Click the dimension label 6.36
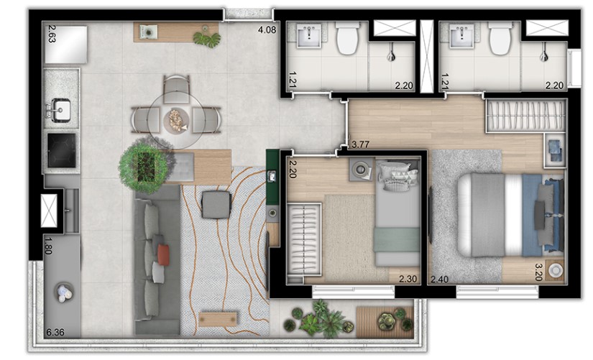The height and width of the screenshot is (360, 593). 55,333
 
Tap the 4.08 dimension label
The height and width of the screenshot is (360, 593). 267,29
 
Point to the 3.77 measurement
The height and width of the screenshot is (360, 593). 360,144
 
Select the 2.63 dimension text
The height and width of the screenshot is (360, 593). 52,34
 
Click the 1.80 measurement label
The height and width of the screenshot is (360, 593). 48,245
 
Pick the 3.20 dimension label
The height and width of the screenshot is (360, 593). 539,272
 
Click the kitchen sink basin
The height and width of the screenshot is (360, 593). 60,110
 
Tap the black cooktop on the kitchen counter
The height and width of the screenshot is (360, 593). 61,150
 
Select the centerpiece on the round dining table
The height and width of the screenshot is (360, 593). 175,120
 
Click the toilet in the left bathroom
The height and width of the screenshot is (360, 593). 347,38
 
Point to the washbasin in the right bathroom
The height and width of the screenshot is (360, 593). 461,36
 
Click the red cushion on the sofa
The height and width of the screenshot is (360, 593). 163,254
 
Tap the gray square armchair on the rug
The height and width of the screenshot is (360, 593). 216,205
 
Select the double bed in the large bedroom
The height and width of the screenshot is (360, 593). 510,215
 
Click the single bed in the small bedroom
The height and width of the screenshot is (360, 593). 397,212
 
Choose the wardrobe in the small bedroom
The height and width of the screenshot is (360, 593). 304,239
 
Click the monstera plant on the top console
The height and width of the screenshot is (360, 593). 207,39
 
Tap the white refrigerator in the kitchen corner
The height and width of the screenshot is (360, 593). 66,45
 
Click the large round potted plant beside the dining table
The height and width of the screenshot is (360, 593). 144,165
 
